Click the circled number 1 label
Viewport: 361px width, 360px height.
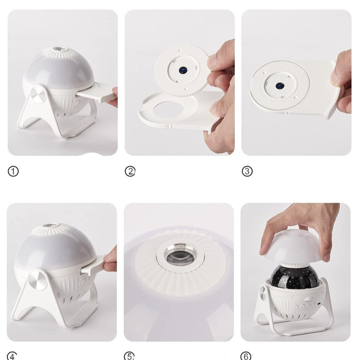point(13,171)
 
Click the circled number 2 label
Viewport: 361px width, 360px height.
point(130,171)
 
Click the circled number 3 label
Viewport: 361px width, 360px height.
point(247,171)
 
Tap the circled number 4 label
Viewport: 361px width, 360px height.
point(12,356)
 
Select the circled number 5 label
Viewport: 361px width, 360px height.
point(129,356)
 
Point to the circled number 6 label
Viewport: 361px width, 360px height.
point(246,356)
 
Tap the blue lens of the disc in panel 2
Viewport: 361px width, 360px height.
point(183,70)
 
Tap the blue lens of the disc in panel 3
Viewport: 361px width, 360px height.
point(280,86)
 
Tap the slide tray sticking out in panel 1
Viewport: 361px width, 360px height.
point(97,93)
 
